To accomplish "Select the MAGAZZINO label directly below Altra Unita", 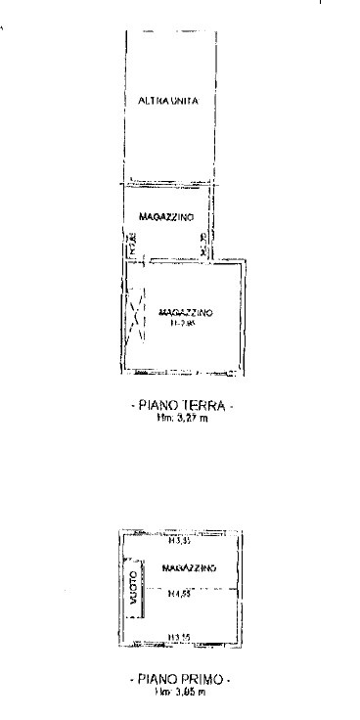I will pos(165,216).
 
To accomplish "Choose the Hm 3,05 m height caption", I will pos(179,690).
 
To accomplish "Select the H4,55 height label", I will pos(177,593).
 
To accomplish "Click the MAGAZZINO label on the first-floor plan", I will pos(189,567).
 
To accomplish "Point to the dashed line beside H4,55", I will pos(215,589).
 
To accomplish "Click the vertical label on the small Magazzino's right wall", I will pos(202,245).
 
